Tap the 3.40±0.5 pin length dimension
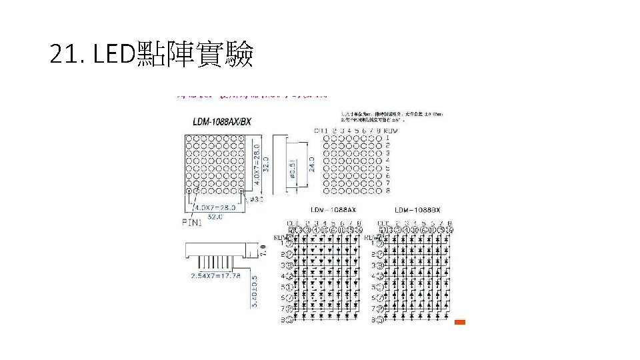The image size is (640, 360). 253,293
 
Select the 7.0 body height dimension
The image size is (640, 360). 263,251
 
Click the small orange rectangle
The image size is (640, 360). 459,323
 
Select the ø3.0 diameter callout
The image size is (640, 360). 257,199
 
